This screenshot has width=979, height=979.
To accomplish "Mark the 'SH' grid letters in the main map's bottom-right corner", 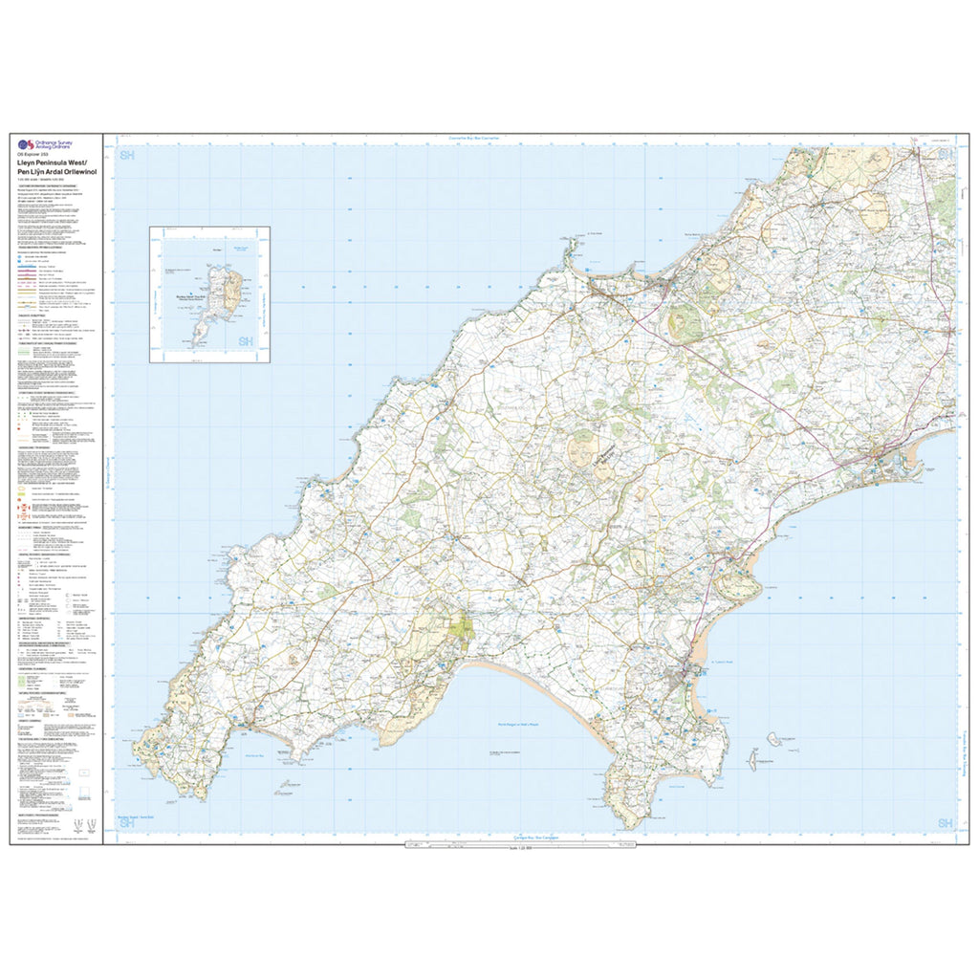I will click(945, 823).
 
